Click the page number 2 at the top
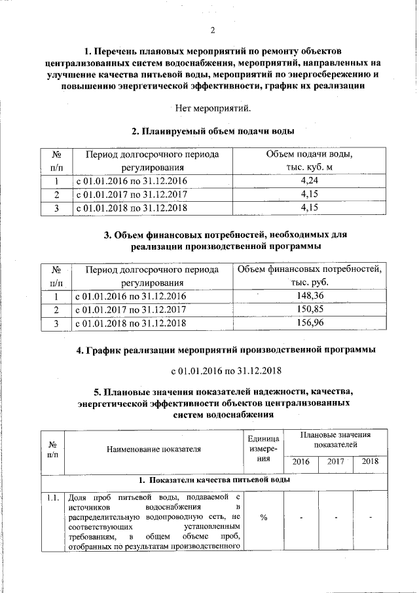coord(213,29)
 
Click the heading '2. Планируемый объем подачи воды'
coord(213,131)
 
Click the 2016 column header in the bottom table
coord(301,462)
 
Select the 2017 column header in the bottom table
coord(336,462)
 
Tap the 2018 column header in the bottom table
coord(370,462)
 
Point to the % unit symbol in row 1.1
coord(264,517)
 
